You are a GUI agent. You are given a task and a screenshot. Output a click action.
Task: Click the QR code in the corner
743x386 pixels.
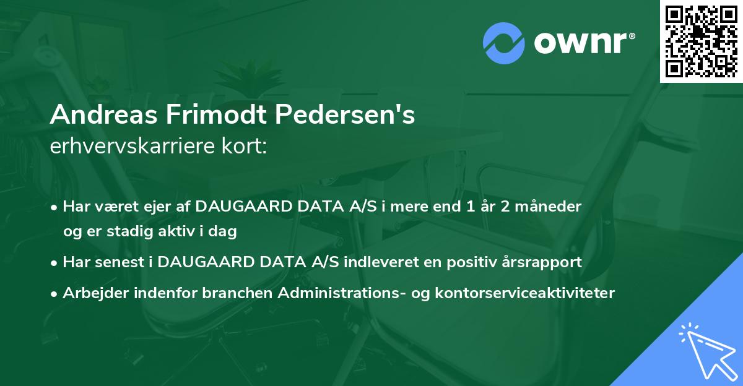coord(701,41)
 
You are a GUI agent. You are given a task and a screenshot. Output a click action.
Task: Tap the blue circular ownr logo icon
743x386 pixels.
coord(505,43)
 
